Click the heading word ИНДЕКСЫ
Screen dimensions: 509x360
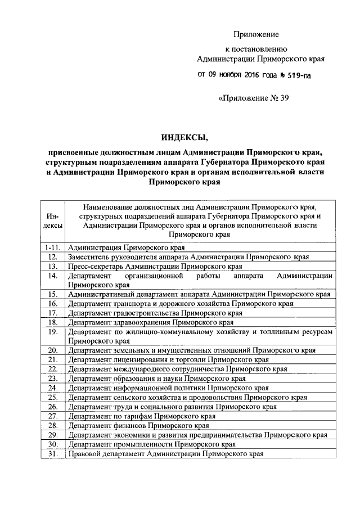[183, 137]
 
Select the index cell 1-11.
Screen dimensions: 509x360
[53, 247]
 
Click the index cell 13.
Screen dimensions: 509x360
[53, 266]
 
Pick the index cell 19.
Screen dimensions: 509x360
[53, 331]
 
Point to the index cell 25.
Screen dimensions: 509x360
[53, 397]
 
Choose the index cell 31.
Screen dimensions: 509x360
[53, 454]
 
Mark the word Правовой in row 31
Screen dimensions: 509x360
[84, 454]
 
